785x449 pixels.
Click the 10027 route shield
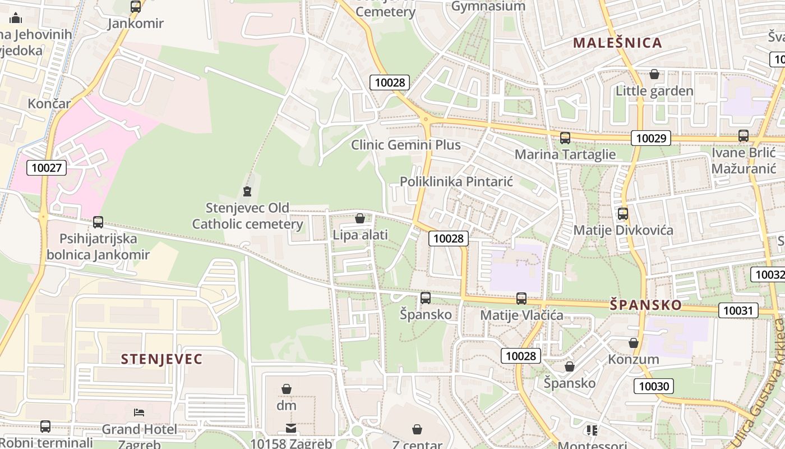(x=47, y=167)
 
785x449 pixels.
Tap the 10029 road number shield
(x=651, y=138)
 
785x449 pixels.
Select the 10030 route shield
(x=654, y=386)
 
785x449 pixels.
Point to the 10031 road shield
(x=738, y=310)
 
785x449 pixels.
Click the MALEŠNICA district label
(x=617, y=43)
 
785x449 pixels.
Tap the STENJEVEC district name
(x=161, y=359)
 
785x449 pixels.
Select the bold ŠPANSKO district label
(x=646, y=305)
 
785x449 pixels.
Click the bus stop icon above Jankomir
(x=136, y=7)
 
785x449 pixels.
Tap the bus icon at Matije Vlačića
(x=521, y=299)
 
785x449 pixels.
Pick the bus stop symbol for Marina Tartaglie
(x=565, y=138)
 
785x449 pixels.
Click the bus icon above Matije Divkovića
(x=623, y=214)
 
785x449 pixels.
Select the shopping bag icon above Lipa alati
(x=360, y=218)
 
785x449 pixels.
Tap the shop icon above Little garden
(x=654, y=74)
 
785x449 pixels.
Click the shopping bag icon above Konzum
(x=634, y=343)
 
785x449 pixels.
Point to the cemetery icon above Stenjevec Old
(x=247, y=191)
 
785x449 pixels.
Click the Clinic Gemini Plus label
(x=406, y=145)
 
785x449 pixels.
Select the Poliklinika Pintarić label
(x=456, y=181)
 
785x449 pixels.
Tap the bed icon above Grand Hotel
(x=139, y=413)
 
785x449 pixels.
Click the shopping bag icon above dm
(x=287, y=389)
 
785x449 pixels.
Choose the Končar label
(x=49, y=103)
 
